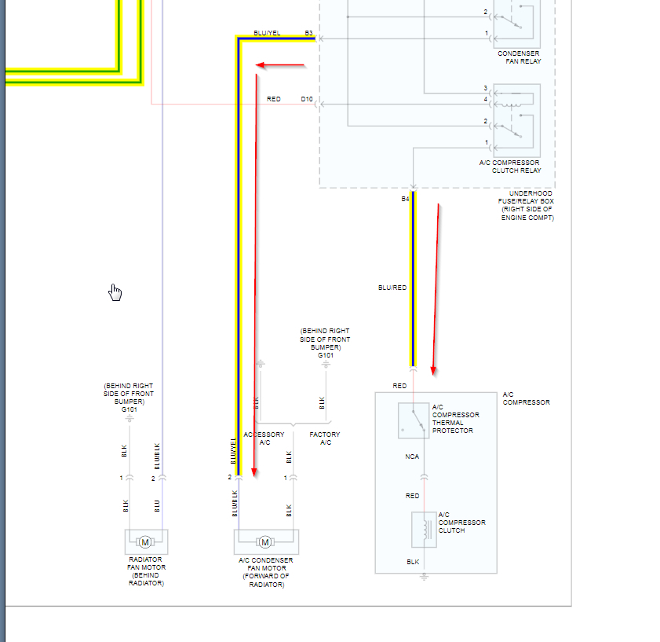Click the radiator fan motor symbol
(145, 541)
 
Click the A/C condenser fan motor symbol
(265, 541)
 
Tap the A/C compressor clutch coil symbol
(424, 528)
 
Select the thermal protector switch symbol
(413, 420)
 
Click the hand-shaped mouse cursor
(115, 292)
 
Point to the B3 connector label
(309, 33)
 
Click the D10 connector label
(307, 99)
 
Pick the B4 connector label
(405, 199)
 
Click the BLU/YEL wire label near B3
(267, 33)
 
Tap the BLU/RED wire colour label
(392, 288)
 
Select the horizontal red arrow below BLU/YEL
(281, 64)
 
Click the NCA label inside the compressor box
(413, 457)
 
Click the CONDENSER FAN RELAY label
(519, 57)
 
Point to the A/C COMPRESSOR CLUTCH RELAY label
(509, 167)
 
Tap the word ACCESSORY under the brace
(264, 435)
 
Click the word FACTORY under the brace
(325, 435)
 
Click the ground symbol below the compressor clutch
(424, 576)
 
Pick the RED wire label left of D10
(274, 99)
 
